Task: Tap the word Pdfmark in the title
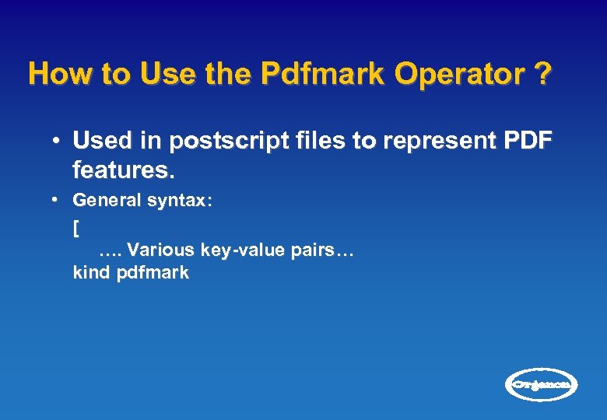(x=323, y=75)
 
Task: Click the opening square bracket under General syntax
(x=75, y=229)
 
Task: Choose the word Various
(x=161, y=250)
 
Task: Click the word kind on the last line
(x=91, y=273)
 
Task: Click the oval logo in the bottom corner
(x=542, y=384)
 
